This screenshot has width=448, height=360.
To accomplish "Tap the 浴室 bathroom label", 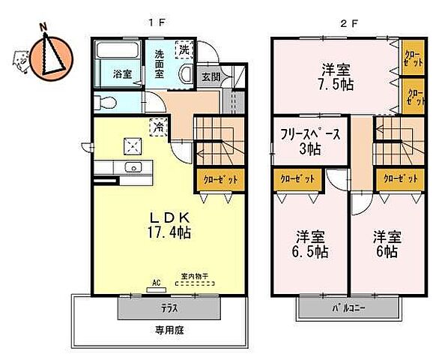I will coord(123,74).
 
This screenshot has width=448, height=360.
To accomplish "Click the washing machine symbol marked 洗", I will coord(184,50).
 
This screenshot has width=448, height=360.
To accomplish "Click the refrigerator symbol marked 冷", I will coord(158,127).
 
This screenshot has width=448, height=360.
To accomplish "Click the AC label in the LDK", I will coord(157,283).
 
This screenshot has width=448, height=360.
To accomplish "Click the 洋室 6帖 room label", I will coord(387,243).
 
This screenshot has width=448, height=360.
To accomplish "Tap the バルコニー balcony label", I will coord(349,308).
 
